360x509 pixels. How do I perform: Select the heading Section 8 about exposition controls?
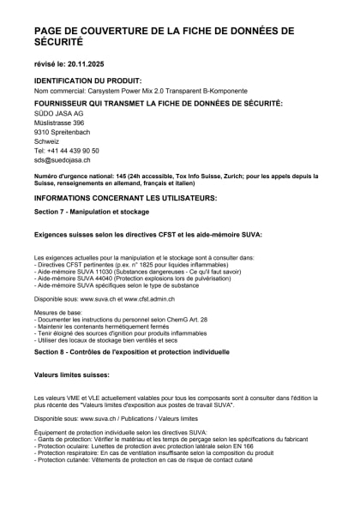(119, 351)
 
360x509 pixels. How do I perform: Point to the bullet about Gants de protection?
(163, 439)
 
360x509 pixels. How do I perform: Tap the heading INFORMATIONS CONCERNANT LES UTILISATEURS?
(125, 198)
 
